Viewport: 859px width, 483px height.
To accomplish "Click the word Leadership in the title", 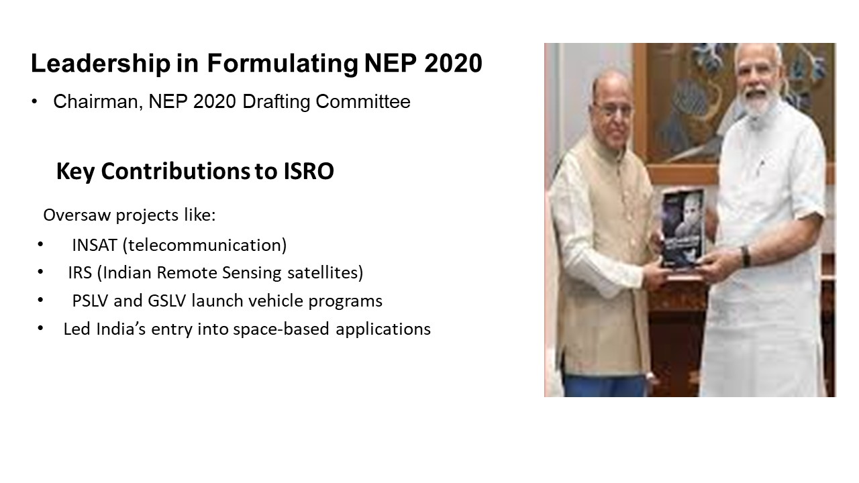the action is (101, 63).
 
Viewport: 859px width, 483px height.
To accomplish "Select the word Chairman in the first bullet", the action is (98, 102).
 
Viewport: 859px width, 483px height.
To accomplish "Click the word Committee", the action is (363, 101).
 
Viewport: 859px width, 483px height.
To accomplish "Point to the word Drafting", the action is (276, 102).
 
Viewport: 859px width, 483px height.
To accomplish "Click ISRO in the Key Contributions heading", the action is (309, 171).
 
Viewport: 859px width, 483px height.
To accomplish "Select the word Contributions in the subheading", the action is (176, 171).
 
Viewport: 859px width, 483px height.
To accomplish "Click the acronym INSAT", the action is (95, 246).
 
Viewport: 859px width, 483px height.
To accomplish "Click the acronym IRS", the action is (80, 273).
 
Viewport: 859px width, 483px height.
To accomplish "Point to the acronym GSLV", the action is (167, 301).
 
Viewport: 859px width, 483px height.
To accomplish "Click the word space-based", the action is (281, 329).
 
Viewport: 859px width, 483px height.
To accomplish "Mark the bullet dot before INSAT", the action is (40, 244).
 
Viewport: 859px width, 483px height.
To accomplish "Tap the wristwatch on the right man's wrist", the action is (746, 256).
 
